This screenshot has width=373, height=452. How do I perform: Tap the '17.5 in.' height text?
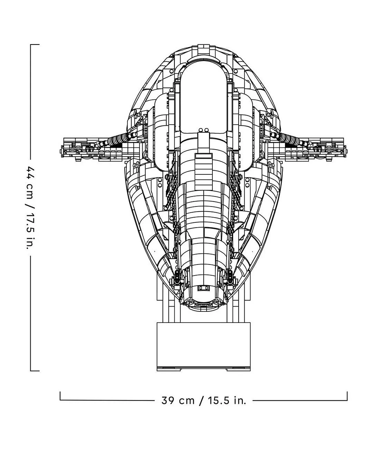click(x=30, y=231)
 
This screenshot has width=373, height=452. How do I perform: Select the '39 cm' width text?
click(x=178, y=401)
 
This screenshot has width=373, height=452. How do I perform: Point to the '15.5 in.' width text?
click(x=227, y=401)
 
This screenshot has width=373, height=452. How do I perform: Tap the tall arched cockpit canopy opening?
click(x=203, y=97)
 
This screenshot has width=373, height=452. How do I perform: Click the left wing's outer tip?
click(x=60, y=150)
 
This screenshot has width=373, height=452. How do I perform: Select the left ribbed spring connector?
click(x=117, y=140)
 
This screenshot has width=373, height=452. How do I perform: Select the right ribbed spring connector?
click(x=290, y=140)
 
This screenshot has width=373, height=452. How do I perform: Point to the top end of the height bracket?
click(x=35, y=45)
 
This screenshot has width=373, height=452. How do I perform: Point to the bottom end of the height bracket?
click(x=35, y=371)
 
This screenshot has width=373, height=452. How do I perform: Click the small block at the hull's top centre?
click(x=204, y=48)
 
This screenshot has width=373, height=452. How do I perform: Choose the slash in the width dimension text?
click(x=202, y=401)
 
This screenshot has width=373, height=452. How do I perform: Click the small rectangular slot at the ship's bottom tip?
click(x=203, y=288)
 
